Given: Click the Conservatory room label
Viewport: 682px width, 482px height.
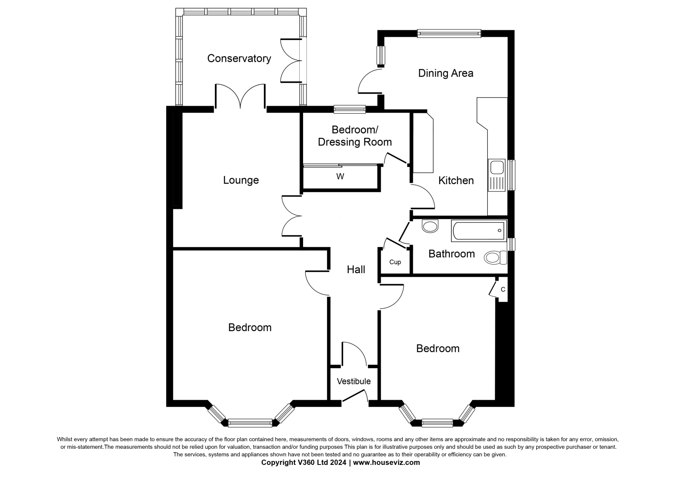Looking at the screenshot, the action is (x=239, y=58).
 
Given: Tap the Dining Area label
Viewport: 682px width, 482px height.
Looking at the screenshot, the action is (x=446, y=73).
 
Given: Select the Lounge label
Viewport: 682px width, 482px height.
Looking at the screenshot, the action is (x=241, y=180).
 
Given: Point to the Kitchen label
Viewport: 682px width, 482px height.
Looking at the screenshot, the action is (x=456, y=180).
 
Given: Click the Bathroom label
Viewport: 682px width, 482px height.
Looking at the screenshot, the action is (x=451, y=254).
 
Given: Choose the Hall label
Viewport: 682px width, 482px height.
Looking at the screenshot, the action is (x=356, y=269).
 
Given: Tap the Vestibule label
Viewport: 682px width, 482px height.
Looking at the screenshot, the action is (x=354, y=381).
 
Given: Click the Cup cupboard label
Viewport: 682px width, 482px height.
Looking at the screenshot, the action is (x=395, y=262).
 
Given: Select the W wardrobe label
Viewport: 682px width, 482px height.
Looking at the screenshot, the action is (x=340, y=176).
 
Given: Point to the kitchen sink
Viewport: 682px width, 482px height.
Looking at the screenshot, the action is (x=497, y=175).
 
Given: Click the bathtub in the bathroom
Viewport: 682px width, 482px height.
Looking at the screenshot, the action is (x=479, y=231).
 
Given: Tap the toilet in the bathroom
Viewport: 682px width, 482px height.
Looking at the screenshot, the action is (x=496, y=257).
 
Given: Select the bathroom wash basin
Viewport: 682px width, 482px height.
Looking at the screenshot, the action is (x=430, y=226).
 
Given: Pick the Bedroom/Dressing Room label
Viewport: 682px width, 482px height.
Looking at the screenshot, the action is (x=355, y=136).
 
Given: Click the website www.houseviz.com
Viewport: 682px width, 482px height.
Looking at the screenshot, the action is (x=386, y=462).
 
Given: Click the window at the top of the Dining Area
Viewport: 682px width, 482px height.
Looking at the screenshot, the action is (x=449, y=34).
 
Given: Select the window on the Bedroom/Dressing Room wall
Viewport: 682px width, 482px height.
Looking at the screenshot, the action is (x=350, y=109).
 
